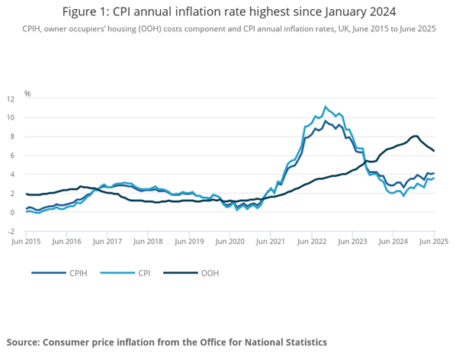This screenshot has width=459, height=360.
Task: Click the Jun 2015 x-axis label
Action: pyautogui.click(x=26, y=240)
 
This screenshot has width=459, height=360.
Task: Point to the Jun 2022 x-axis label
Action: pyautogui.click(x=313, y=240)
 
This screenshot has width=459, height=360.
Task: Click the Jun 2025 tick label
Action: pyautogui.click(x=433, y=240)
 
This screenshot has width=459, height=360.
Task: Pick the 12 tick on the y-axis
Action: pyautogui.click(x=11, y=98)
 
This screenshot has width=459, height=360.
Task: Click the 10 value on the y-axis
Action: pyautogui.click(x=11, y=117)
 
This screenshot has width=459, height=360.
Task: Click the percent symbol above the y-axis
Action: pyautogui.click(x=27, y=93)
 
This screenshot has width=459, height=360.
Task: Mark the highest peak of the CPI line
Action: pyautogui.click(x=326, y=107)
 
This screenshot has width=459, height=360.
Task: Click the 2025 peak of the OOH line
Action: pyautogui.click(x=416, y=136)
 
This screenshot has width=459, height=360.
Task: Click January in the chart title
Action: pyautogui.click(x=325, y=12)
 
